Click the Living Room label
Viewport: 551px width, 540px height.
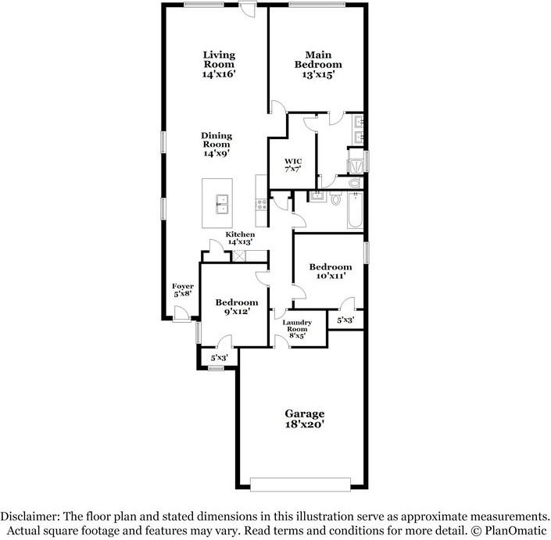[x=219, y=64]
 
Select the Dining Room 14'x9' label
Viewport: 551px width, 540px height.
[x=216, y=145]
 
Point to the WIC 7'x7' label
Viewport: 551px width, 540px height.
[x=293, y=166]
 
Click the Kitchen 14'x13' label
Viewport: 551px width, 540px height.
[x=240, y=238]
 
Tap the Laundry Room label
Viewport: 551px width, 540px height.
[x=297, y=326]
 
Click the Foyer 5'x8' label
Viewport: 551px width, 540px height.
[x=183, y=291]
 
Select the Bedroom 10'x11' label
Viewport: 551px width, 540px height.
[x=329, y=271]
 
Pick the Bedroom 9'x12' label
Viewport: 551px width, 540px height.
[x=236, y=308]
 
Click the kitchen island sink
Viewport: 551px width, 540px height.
[x=221, y=203]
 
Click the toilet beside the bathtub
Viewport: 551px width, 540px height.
[x=335, y=200]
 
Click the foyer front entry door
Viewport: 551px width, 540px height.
[x=180, y=314]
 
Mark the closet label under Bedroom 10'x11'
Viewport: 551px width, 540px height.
[x=345, y=320]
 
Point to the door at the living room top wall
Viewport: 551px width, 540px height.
[x=249, y=8]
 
